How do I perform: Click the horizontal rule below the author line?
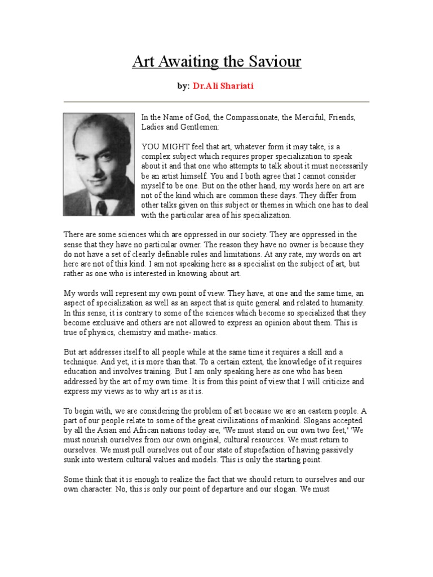[x=216, y=102]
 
